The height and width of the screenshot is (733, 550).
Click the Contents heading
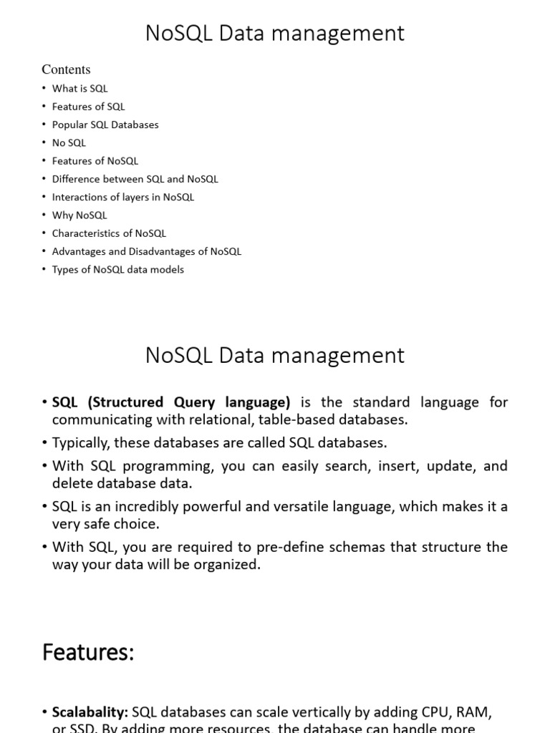click(66, 69)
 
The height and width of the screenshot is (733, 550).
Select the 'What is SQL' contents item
click(79, 89)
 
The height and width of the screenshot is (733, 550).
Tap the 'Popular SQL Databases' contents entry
click(105, 125)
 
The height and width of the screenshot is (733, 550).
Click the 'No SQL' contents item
click(69, 142)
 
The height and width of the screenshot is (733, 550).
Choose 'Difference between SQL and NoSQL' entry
click(135, 179)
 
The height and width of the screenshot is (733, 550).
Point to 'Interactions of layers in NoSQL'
click(122, 197)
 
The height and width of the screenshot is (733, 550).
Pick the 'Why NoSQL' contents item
click(79, 215)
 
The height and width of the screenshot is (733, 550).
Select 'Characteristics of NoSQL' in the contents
click(109, 233)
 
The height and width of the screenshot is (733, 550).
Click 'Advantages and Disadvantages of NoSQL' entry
click(146, 251)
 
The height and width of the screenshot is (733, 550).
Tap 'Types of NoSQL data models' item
click(117, 269)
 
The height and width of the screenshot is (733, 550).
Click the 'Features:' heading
click(88, 652)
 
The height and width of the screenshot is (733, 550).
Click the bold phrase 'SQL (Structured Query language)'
click(171, 402)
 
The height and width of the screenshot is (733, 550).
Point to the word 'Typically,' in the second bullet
click(80, 443)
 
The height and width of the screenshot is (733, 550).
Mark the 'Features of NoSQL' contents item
click(95, 161)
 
